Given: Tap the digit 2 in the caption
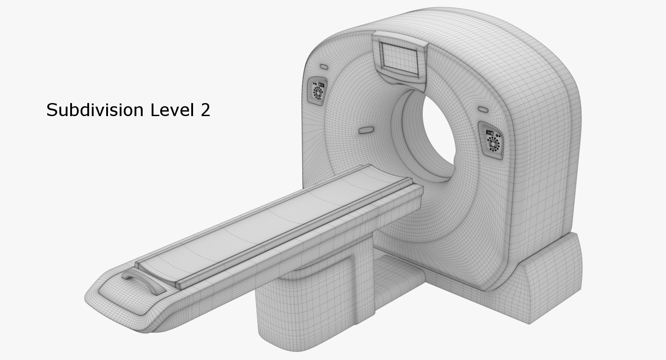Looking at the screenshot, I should (205, 110).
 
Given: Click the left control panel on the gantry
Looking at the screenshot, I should (317, 90).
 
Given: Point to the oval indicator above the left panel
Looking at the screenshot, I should (324, 67).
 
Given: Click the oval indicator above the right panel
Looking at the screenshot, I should (483, 110).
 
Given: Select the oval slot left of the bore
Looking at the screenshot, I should (366, 130).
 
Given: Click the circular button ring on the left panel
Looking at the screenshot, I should (318, 93).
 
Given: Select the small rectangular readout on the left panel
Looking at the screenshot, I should (321, 84).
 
